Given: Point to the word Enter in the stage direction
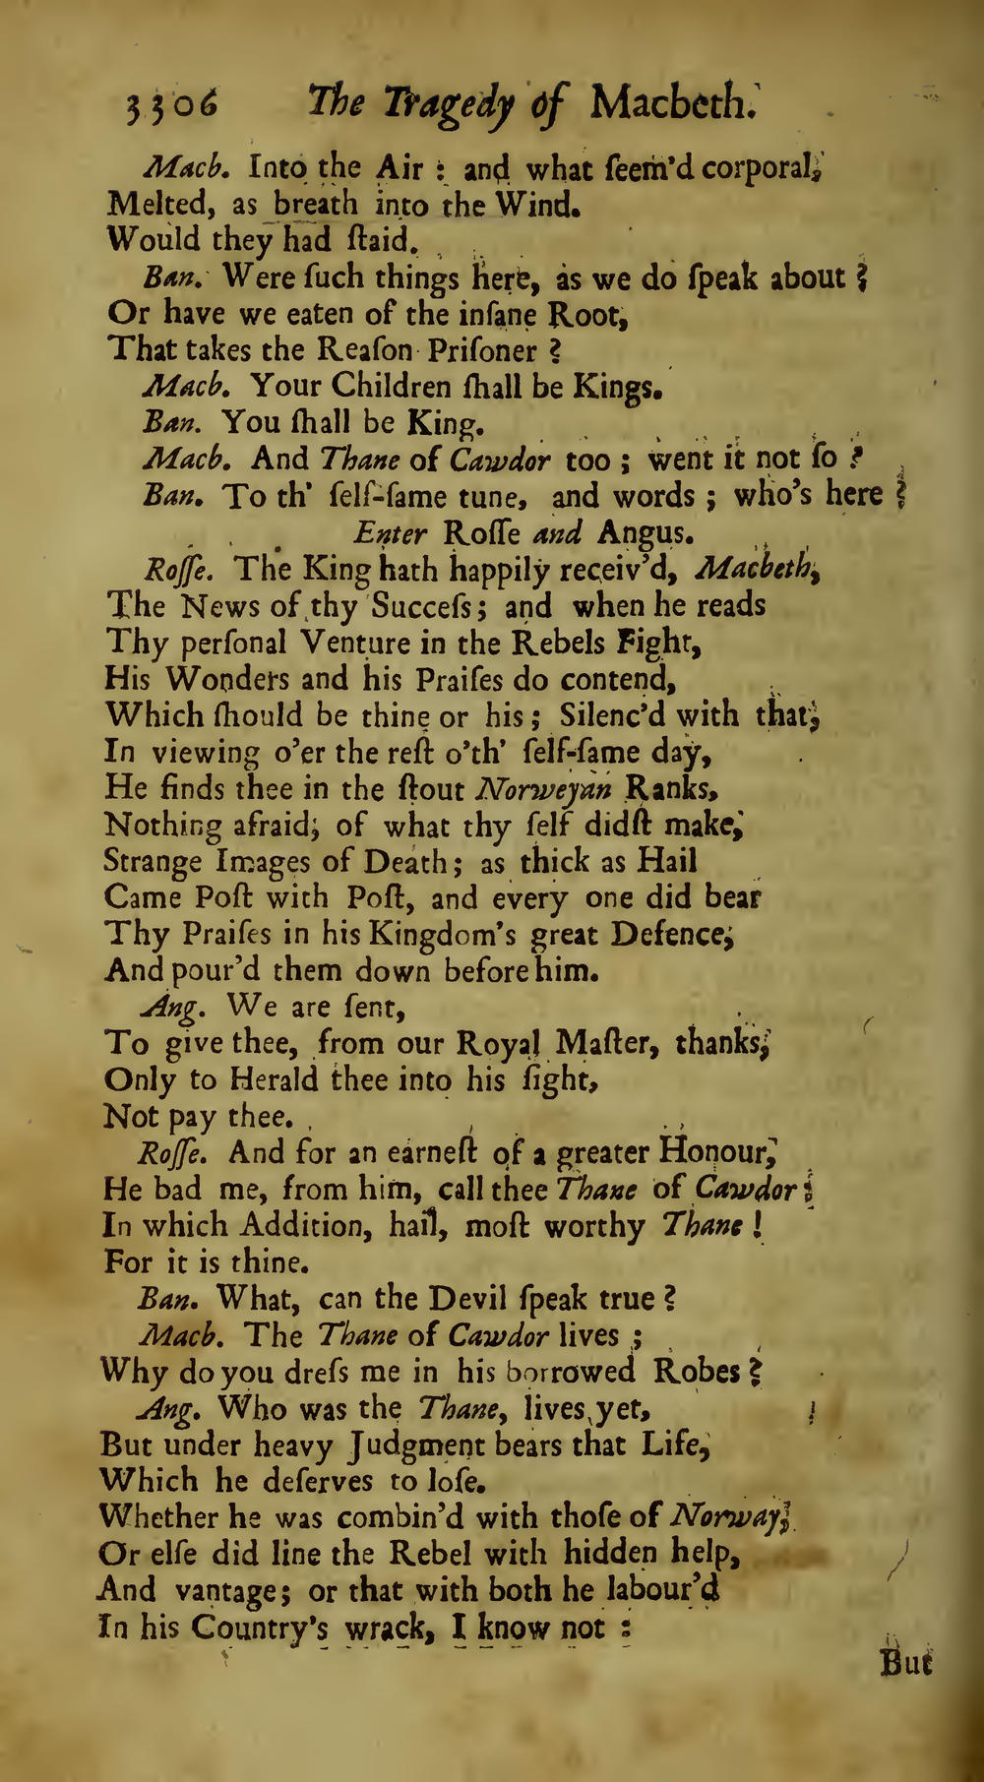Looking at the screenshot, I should pyautogui.click(x=391, y=533).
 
